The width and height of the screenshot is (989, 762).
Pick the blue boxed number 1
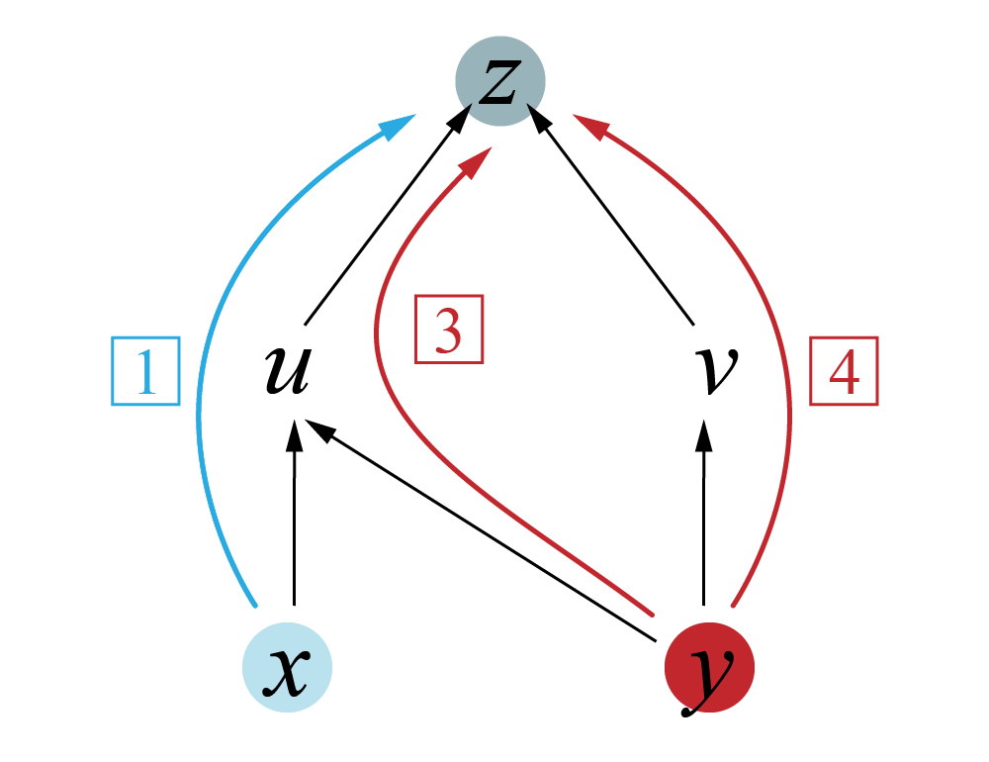145,371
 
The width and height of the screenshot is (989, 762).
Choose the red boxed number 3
448,330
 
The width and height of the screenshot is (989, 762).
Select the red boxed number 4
844,372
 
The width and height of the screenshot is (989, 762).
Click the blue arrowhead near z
400,127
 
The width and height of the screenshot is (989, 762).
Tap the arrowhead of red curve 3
478,162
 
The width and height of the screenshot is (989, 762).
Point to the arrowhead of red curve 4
591,127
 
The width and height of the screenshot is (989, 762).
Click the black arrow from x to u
294,515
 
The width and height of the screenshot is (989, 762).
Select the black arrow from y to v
703,515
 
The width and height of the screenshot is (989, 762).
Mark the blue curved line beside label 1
203,396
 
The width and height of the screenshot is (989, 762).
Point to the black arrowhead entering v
703,432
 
